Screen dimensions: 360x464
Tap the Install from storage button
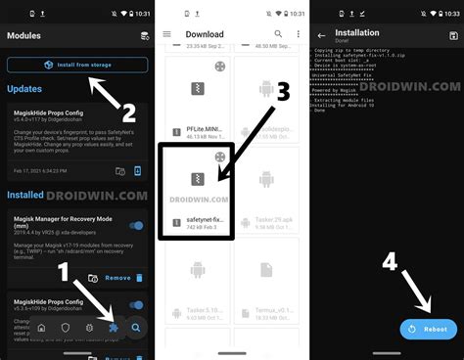[x=77, y=66]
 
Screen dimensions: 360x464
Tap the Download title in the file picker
[x=205, y=35]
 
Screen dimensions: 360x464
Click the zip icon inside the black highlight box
[x=196, y=178]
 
